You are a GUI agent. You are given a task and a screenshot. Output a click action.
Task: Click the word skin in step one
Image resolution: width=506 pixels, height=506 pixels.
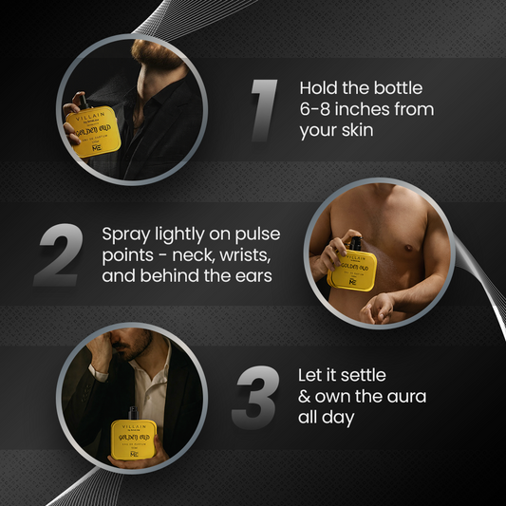[356, 131]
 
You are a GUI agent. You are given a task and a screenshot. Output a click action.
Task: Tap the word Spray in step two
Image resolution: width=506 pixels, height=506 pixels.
[123, 233]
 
